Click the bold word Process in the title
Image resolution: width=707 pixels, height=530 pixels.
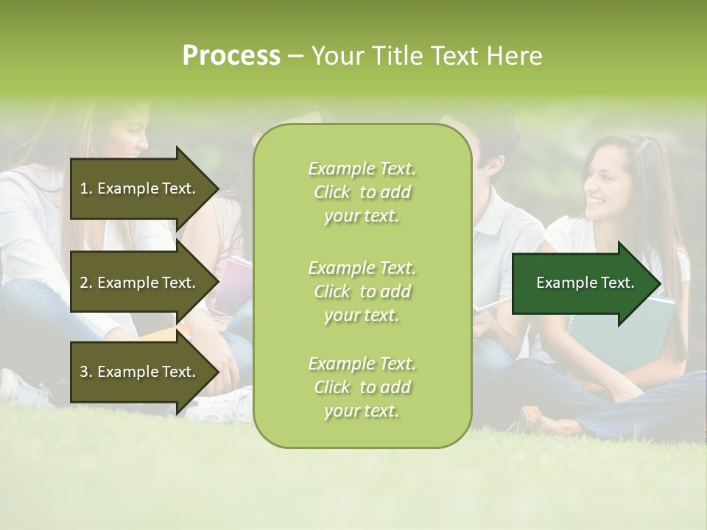click(231, 56)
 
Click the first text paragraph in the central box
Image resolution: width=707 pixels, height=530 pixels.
click(362, 192)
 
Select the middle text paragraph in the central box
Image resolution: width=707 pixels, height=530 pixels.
click(362, 291)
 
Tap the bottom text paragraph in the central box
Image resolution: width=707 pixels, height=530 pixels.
click(362, 387)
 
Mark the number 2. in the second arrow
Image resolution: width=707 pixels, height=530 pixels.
click(86, 283)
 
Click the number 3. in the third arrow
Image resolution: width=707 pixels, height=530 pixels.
click(86, 372)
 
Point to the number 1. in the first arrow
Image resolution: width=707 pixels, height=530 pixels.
click(86, 188)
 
